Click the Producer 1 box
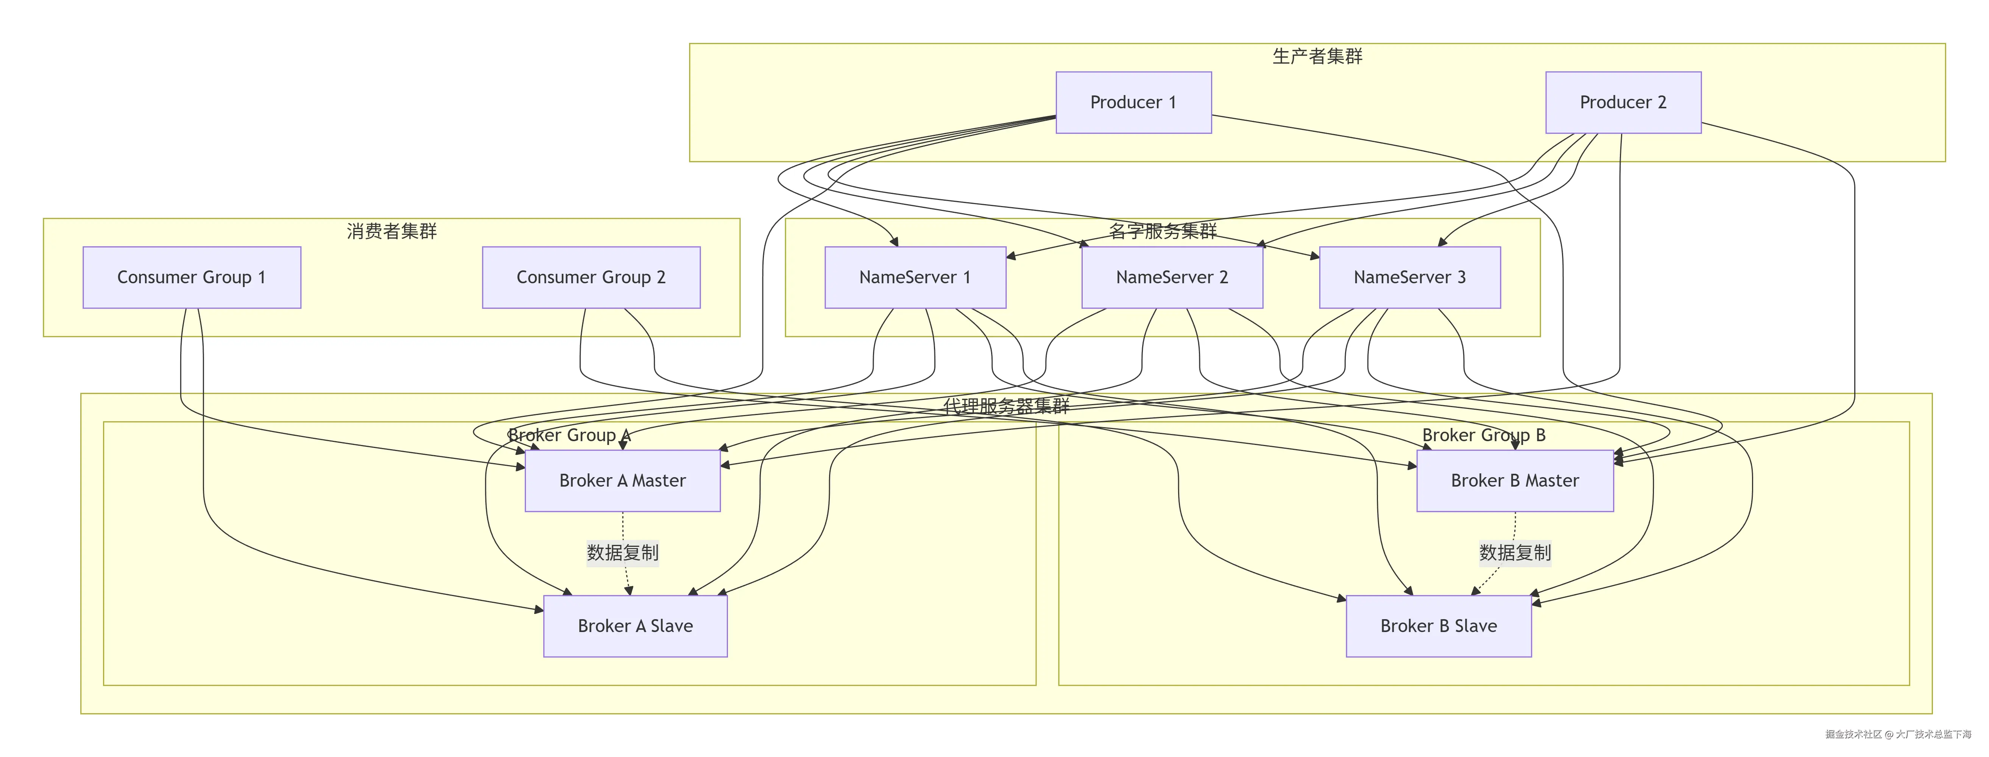click(x=1133, y=103)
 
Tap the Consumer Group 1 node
click(x=192, y=277)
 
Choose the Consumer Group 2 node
click(x=591, y=277)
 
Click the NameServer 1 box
click(x=915, y=277)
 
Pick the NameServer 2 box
click(x=1171, y=277)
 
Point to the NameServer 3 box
click(x=1409, y=277)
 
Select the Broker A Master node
click(x=622, y=481)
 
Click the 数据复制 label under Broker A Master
click(x=622, y=553)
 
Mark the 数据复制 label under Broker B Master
click(x=1514, y=553)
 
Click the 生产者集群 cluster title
click(x=1317, y=56)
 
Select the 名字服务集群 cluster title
click(x=1162, y=231)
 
